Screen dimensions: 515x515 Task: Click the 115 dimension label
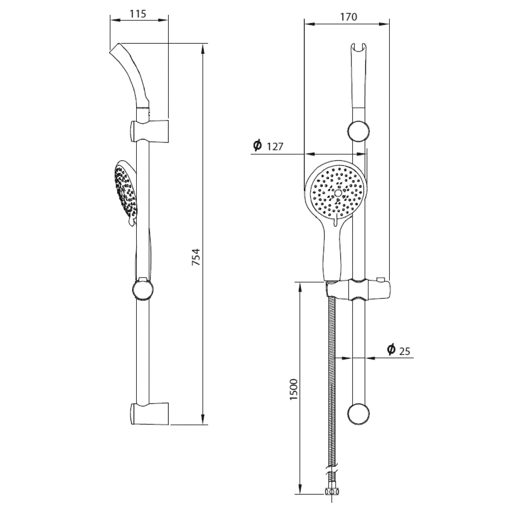click(x=138, y=14)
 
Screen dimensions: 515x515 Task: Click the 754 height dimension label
click(x=196, y=257)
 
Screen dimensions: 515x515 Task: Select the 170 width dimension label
click(x=349, y=17)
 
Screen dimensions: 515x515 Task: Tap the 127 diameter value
click(x=275, y=146)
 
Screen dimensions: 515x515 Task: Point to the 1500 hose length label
click(x=294, y=389)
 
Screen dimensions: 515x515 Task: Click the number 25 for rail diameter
click(x=405, y=351)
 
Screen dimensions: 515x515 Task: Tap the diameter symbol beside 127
click(x=257, y=145)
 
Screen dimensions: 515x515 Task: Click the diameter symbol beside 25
click(x=391, y=350)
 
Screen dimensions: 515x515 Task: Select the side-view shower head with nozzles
click(x=126, y=193)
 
